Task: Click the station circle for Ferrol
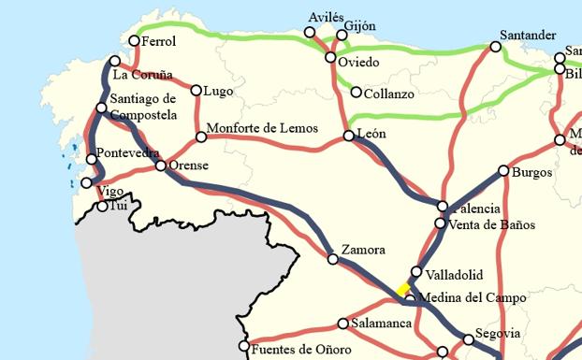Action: (135, 40)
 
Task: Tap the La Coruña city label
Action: (142, 74)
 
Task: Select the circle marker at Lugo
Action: (196, 91)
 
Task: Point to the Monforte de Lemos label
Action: (262, 128)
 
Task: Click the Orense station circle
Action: (161, 166)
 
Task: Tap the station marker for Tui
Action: (103, 206)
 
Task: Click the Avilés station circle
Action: (310, 33)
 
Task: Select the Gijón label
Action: (360, 24)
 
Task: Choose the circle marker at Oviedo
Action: (330, 58)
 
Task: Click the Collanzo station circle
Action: (356, 92)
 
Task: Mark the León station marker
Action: (349, 136)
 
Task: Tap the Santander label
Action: (528, 35)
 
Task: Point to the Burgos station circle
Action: (503, 171)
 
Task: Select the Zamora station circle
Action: (333, 259)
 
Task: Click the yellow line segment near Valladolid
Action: (402, 289)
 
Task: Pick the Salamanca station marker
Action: (343, 324)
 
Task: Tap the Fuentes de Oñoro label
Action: (301, 349)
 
